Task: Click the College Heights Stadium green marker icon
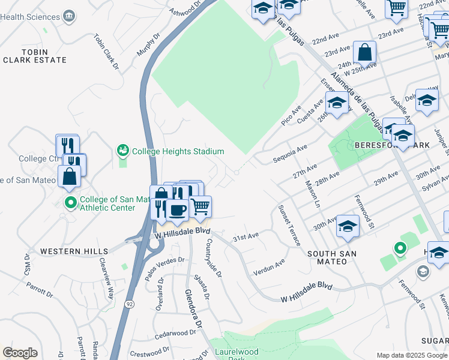[x=123, y=149]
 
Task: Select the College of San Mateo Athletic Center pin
[x=70, y=203]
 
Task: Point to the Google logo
[x=20, y=353]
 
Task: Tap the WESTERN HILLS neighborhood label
[x=74, y=251]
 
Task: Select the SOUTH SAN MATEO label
[x=331, y=254]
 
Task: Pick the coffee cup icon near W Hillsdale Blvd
[x=176, y=210]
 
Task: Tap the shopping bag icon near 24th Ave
[x=364, y=53]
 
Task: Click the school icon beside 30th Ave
[x=348, y=226]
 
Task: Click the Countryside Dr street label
[x=214, y=257]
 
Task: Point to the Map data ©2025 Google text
[x=411, y=355]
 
